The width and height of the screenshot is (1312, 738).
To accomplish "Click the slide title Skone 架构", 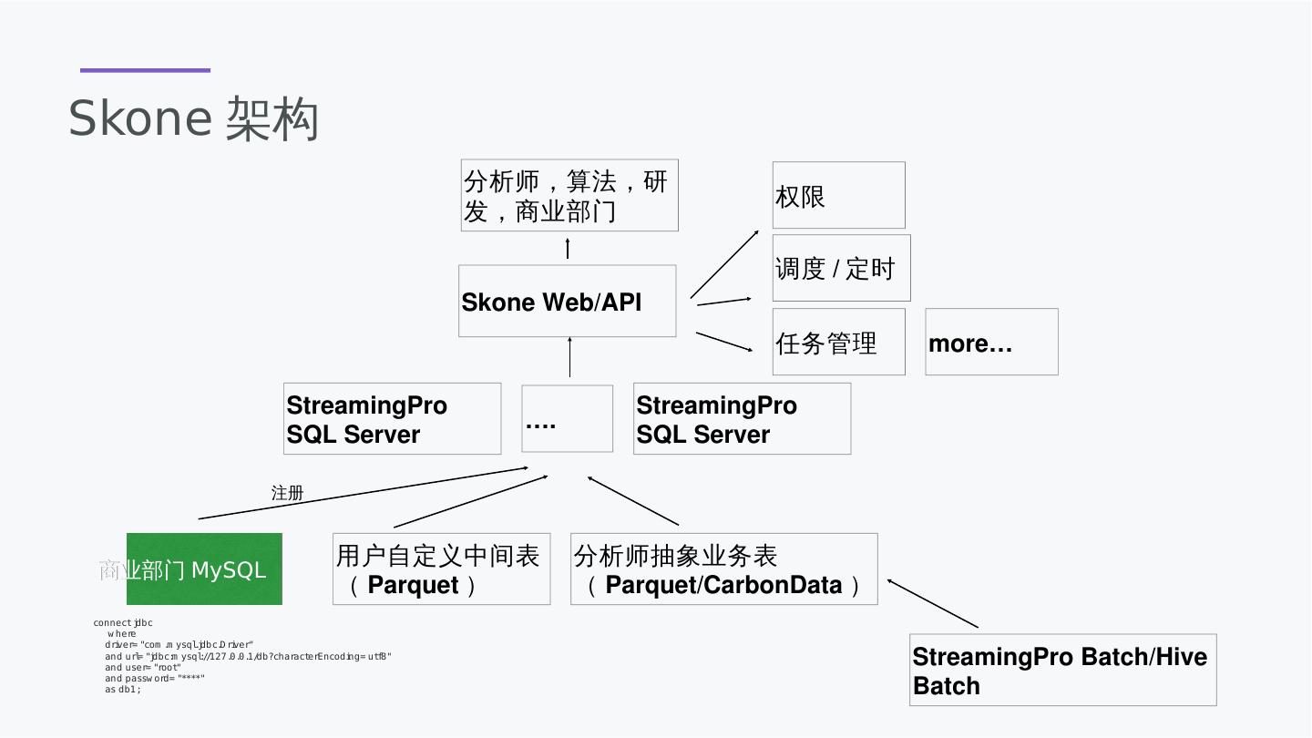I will point(193,118).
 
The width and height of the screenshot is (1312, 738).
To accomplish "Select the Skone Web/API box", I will point(567,301).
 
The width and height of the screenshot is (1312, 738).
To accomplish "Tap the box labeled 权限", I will point(838,195).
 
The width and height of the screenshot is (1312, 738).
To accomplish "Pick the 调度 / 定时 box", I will point(841,268).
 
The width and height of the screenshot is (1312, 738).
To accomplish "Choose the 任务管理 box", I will point(838,342).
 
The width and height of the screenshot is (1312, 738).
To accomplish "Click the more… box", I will point(991,342).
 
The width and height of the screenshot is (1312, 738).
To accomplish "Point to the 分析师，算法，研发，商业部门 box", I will point(569,195).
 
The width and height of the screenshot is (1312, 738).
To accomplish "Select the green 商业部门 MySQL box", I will point(204,569).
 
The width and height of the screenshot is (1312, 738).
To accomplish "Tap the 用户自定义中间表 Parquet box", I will point(441,569).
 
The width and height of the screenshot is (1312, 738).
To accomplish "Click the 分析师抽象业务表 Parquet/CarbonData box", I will point(723,569).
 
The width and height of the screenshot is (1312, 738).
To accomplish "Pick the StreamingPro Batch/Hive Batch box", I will point(1063,670).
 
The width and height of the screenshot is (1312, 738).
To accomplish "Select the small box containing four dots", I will point(567,418).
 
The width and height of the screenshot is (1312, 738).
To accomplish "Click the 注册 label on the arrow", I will point(287,493).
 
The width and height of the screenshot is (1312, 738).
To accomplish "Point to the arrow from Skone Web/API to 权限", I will point(724,264).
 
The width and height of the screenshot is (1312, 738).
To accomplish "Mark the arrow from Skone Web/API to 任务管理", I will point(724,343).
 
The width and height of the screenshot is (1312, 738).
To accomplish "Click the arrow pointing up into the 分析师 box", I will point(568,249).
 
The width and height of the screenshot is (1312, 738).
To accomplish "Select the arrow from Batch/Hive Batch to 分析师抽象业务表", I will point(932,603).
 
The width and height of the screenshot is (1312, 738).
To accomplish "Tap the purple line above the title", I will point(145,70).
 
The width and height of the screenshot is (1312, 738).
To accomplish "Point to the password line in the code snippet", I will point(154,678).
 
